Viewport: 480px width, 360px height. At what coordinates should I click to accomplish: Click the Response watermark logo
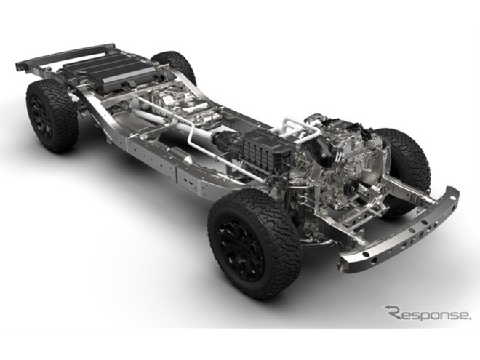pyautogui.click(x=428, y=313)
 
